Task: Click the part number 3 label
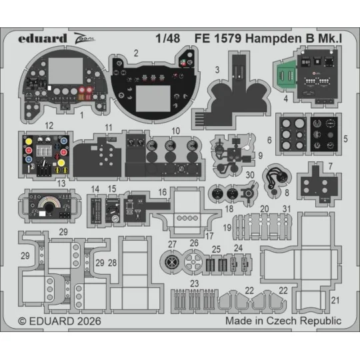pyautogui.click(x=217, y=69)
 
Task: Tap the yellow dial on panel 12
pyautogui.click(x=61, y=163)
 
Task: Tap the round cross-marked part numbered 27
pyautogui.click(x=173, y=262)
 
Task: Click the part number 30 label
pyautogui.click(x=251, y=175)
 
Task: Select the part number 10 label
pyautogui.click(x=175, y=131)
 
